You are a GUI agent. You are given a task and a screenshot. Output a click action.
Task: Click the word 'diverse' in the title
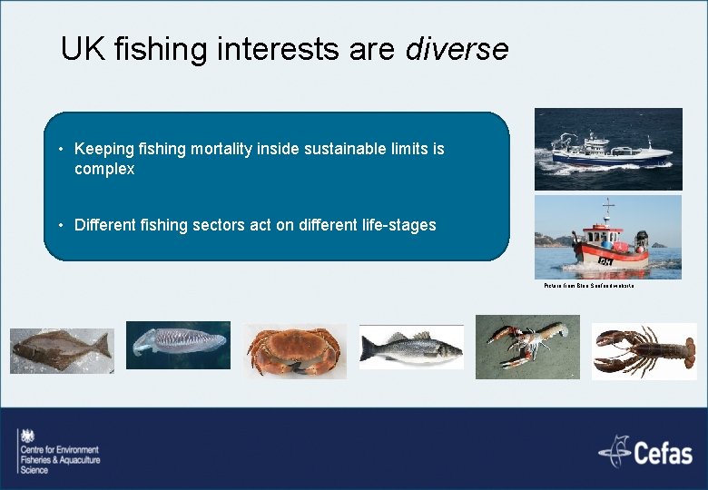(x=457, y=49)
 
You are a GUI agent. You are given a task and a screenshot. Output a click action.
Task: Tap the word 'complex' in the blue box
(x=104, y=170)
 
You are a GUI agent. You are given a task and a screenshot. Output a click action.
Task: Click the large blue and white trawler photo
(x=608, y=149)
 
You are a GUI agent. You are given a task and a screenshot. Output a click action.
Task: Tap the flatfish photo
(x=62, y=349)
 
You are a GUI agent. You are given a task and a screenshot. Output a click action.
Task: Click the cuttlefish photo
(x=178, y=344)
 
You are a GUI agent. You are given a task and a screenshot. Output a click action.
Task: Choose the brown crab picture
(x=295, y=351)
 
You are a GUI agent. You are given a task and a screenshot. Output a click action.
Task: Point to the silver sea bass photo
(x=411, y=347)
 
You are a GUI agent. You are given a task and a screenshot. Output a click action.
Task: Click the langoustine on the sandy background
(x=527, y=347)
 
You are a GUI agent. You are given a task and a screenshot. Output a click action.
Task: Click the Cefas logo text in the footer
(x=662, y=453)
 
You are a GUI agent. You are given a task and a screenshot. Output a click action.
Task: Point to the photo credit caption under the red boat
(x=588, y=286)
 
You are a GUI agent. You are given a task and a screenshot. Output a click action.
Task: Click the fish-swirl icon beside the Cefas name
(x=615, y=451)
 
